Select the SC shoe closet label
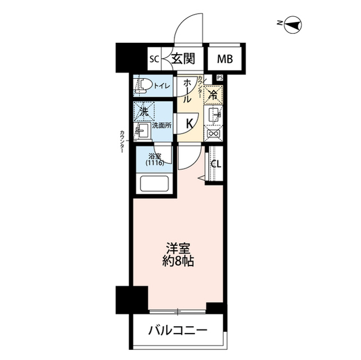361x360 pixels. [153, 59]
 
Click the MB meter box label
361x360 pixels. [224, 59]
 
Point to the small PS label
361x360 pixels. [219, 78]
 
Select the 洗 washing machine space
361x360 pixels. [144, 111]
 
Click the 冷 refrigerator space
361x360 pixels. [214, 94]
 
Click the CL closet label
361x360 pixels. [215, 164]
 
